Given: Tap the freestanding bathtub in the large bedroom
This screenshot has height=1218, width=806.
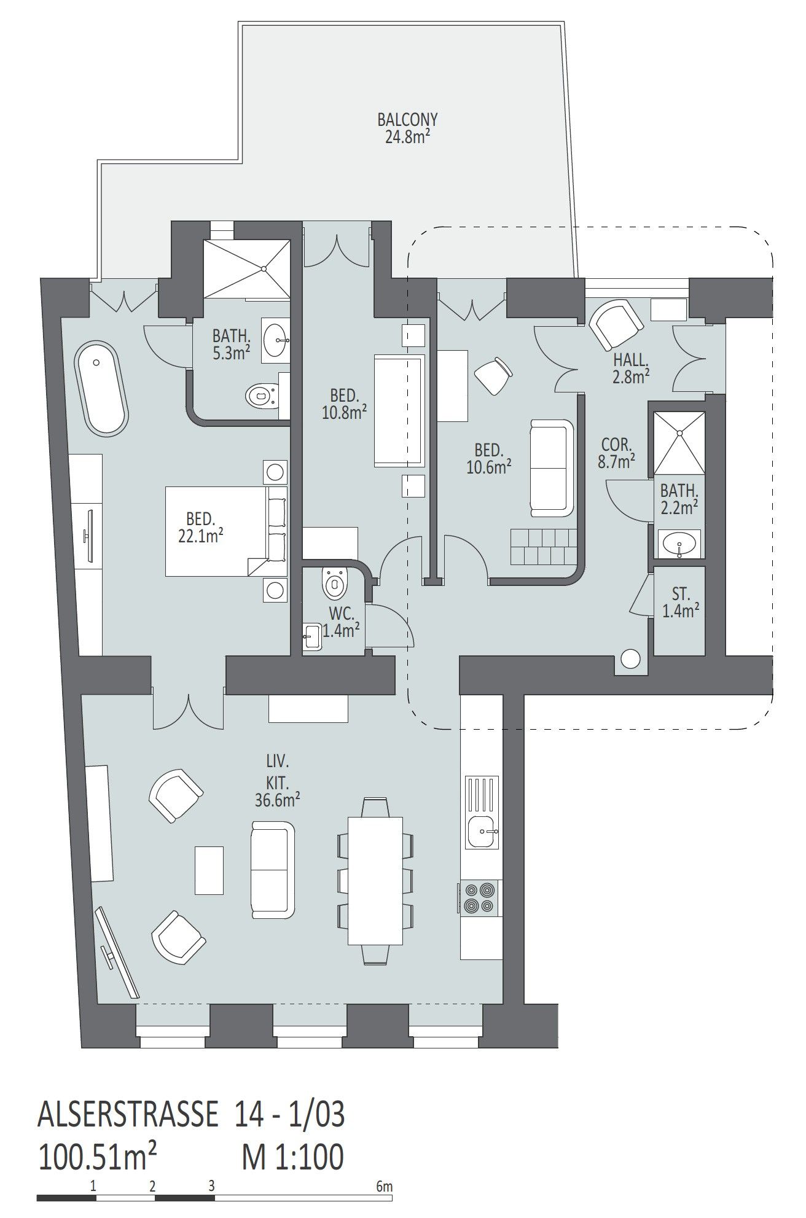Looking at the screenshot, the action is coord(101,388).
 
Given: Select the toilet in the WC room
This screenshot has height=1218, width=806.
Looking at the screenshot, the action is coord(335,582).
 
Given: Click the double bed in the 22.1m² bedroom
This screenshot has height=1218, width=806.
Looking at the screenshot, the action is coord(227,531).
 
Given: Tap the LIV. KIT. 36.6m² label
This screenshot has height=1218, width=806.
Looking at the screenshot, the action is coord(277,780).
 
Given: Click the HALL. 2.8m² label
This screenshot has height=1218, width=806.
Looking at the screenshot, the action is coord(631,369).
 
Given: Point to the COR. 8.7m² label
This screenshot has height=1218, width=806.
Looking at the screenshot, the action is coord(616,453).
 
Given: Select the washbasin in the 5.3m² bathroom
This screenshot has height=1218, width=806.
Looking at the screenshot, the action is coord(278,338).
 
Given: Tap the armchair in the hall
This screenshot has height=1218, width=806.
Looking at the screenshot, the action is coord(616,325).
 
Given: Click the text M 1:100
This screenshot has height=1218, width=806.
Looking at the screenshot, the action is coord(292,1140).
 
